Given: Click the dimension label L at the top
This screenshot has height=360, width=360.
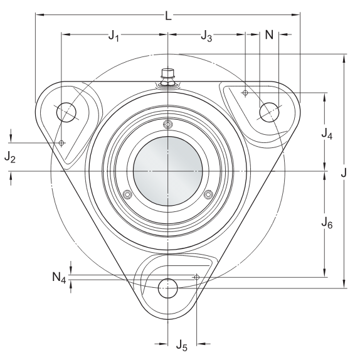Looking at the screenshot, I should [168, 15].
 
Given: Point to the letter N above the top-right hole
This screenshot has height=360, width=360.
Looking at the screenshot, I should [269, 35].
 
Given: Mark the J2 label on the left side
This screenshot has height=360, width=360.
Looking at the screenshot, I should [10, 157].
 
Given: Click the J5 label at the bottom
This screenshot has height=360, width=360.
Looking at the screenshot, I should [181, 344].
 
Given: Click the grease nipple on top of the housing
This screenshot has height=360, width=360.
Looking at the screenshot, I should [167, 77].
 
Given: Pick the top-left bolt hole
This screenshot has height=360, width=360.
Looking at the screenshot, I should [66, 113].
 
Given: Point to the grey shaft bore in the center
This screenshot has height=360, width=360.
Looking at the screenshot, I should [168, 170].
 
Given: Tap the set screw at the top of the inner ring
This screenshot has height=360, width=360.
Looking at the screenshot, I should [167, 123].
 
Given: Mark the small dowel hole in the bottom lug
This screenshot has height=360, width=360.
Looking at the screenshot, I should [196, 277].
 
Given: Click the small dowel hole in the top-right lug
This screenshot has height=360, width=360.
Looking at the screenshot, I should [245, 93].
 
